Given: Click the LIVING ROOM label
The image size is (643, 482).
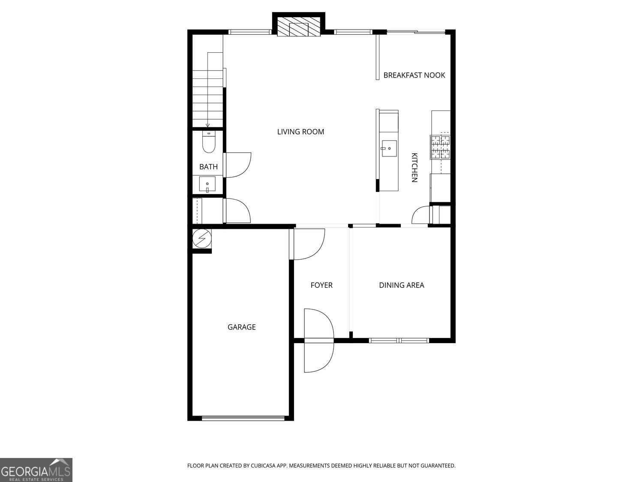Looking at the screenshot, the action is (x=300, y=132).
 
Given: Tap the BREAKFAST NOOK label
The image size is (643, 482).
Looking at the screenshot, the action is (x=414, y=75).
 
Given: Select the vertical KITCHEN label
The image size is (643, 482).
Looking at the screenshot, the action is (x=414, y=168).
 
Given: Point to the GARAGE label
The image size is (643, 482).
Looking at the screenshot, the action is (x=242, y=327).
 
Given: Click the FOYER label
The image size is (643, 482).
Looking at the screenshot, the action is (x=321, y=285).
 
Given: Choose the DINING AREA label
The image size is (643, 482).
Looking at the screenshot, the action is (x=402, y=285).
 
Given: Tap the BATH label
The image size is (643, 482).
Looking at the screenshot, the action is (x=209, y=167).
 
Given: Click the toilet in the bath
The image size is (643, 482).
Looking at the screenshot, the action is (x=209, y=142).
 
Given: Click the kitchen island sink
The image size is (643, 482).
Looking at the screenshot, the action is (x=389, y=148).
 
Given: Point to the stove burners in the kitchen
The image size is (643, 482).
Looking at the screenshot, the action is (x=440, y=147).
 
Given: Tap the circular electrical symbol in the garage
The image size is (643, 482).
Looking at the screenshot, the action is (x=202, y=238).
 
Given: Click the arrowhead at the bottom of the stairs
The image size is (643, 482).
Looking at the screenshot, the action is (x=208, y=126).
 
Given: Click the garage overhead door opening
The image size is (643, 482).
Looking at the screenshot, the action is (x=243, y=418).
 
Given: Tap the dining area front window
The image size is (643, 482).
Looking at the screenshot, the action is (x=399, y=340).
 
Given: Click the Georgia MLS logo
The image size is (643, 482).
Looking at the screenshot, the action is (x=36, y=470).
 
